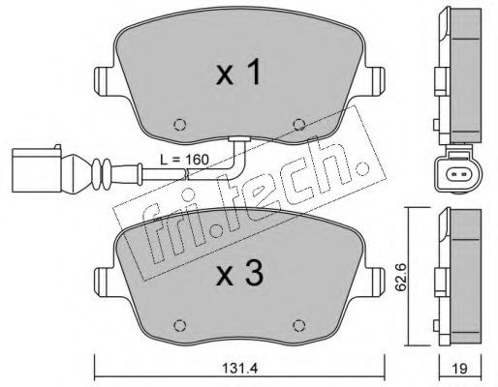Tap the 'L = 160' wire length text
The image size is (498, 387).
pos(185,159)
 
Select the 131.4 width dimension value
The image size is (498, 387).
pos(240,368)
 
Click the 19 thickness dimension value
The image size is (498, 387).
pos(459,368)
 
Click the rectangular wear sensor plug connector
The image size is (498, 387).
pos(36,169)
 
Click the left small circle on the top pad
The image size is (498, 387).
pos(180,125)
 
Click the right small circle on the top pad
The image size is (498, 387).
pos(299,125)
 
